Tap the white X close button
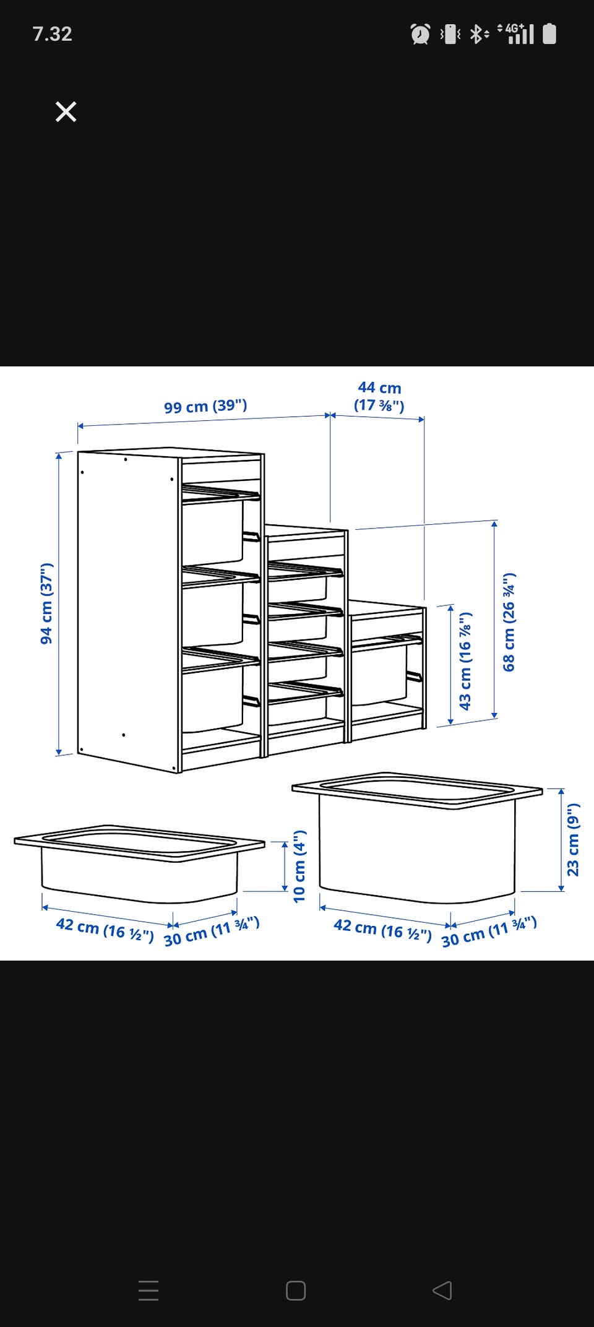66,112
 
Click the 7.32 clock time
53,33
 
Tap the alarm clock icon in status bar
421,33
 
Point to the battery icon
549,33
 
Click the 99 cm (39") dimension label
205,406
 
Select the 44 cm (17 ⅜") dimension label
379,396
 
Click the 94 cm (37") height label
46,603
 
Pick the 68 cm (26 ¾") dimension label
509,622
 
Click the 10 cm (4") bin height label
299,866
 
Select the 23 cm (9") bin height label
574,839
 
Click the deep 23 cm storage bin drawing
417,837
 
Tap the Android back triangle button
442,1290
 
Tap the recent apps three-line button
148,1290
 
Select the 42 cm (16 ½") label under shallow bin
105,929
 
